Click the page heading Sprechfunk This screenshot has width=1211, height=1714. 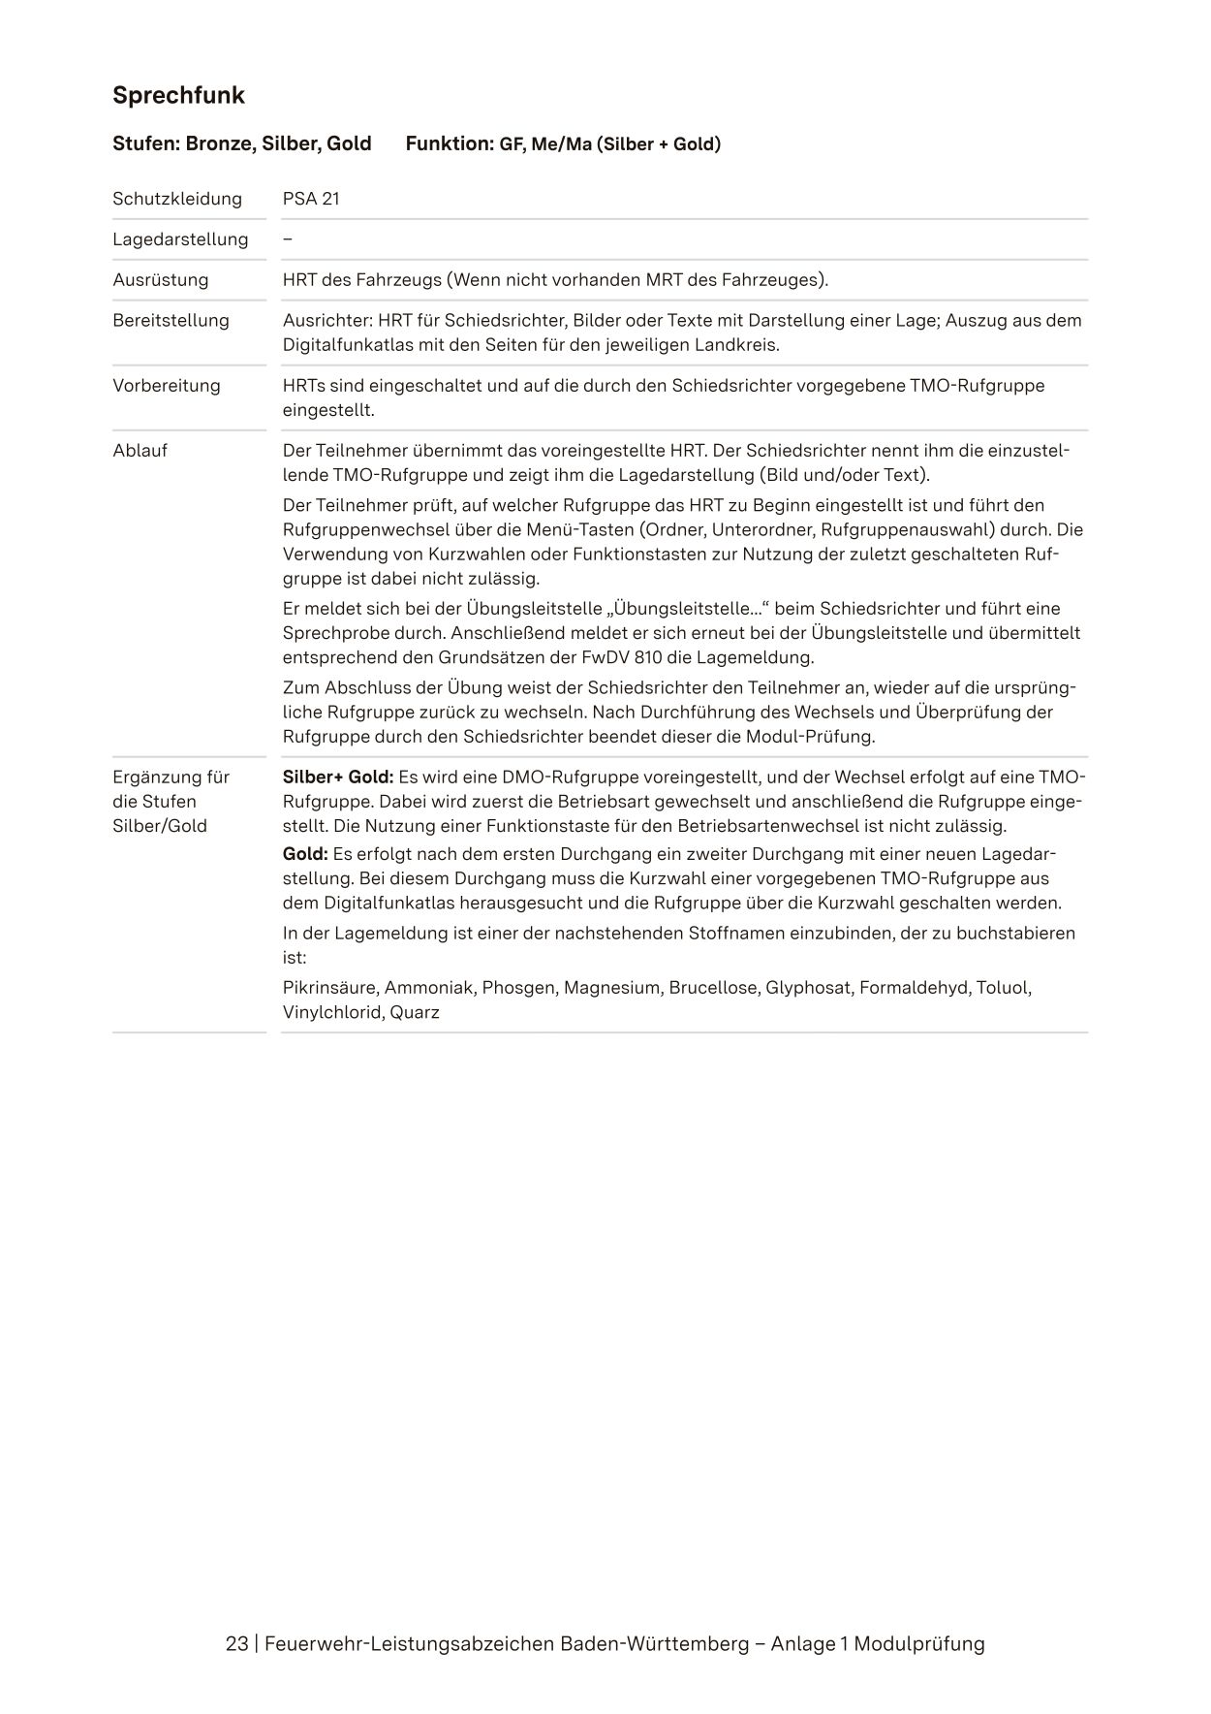pyautogui.click(x=178, y=96)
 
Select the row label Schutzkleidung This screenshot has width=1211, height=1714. pyautogui.click(x=177, y=199)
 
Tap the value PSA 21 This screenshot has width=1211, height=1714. pyautogui.click(x=311, y=199)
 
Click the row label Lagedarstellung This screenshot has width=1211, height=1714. pyautogui.click(x=180, y=239)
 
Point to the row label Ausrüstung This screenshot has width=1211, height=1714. pyautogui.click(x=160, y=280)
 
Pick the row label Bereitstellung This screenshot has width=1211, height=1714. pyautogui.click(x=171, y=321)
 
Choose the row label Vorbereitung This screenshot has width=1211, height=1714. pyautogui.click(x=167, y=386)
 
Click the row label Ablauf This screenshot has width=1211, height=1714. pyautogui.click(x=140, y=451)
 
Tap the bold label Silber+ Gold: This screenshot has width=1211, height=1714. pyautogui.click(x=337, y=778)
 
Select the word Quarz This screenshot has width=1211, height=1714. pyautogui.click(x=415, y=1013)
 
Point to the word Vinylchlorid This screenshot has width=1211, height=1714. pyautogui.click(x=332, y=1013)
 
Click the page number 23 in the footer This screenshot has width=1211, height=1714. pyautogui.click(x=236, y=1644)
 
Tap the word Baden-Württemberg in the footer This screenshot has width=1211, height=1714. pyautogui.click(x=655, y=1644)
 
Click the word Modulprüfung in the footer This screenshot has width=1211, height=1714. pyautogui.click(x=919, y=1644)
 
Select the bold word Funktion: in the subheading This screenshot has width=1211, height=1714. pyautogui.click(x=450, y=144)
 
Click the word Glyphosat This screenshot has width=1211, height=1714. pyautogui.click(x=807, y=988)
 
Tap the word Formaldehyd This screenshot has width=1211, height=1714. pyautogui.click(x=914, y=988)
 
